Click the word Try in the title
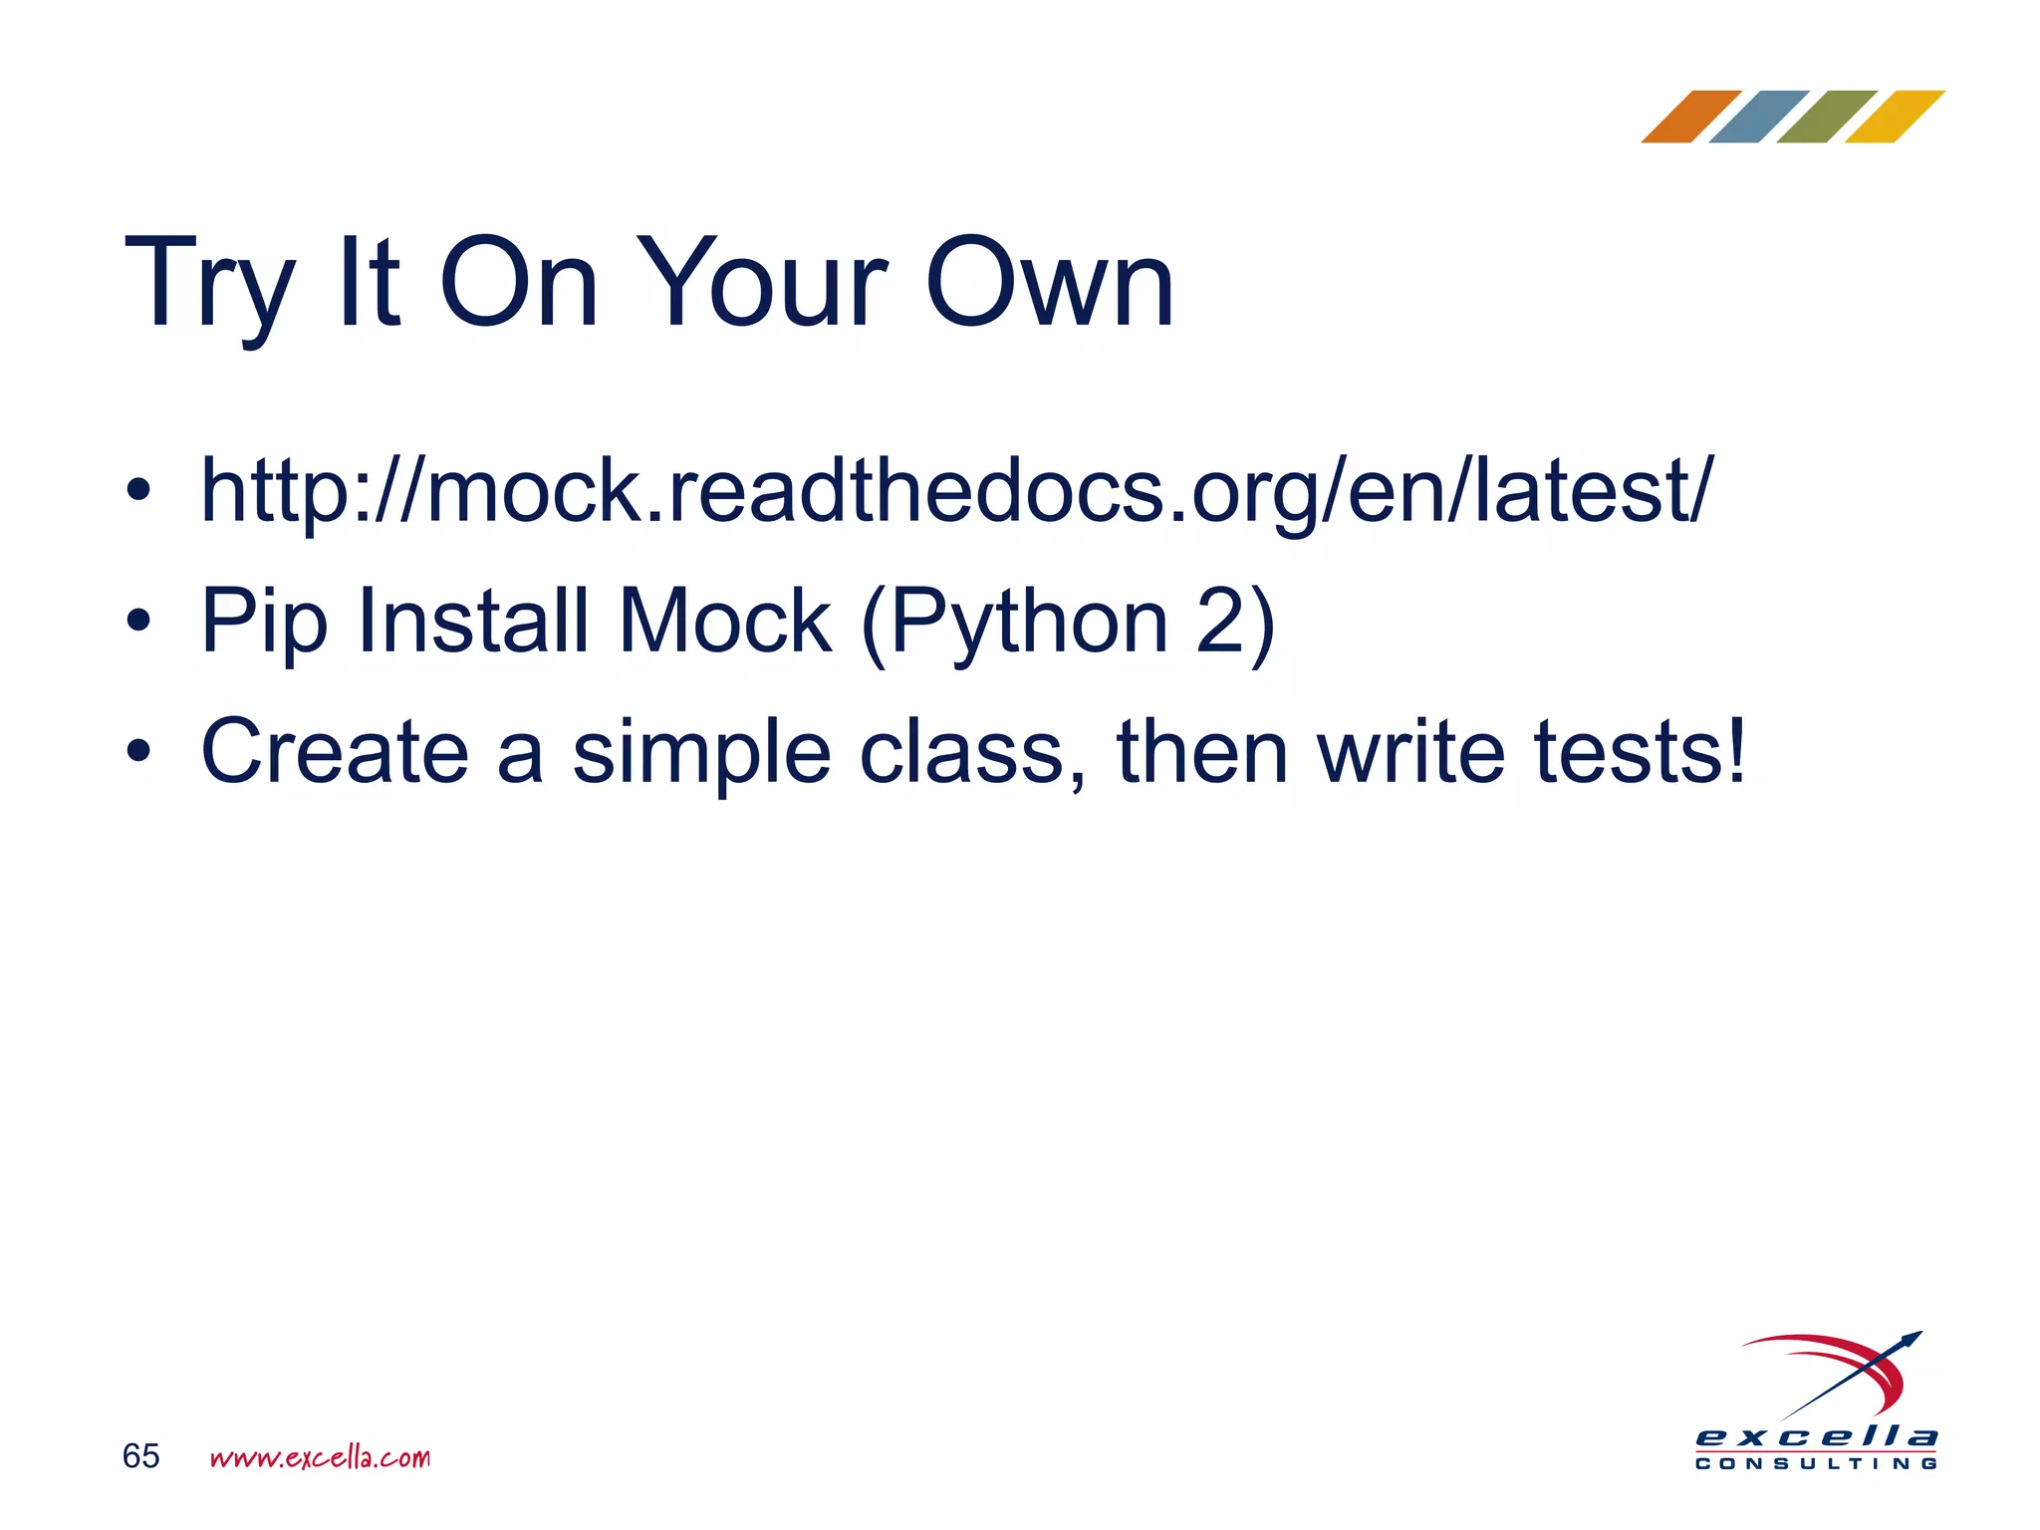tap(209, 284)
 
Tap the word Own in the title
tap(1050, 284)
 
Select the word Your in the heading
tap(762, 284)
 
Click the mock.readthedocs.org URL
tap(956, 491)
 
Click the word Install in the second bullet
tap(474, 621)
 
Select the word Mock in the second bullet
tap(724, 621)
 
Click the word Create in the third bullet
tap(335, 751)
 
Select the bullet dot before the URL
tap(138, 491)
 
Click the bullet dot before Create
tap(138, 752)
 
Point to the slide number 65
tap(140, 1456)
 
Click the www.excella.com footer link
tap(320, 1457)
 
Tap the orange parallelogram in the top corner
tap(1690, 117)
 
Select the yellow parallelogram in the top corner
tap(1894, 117)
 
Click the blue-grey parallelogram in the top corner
tap(1758, 117)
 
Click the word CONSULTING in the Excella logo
tap(1816, 1463)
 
